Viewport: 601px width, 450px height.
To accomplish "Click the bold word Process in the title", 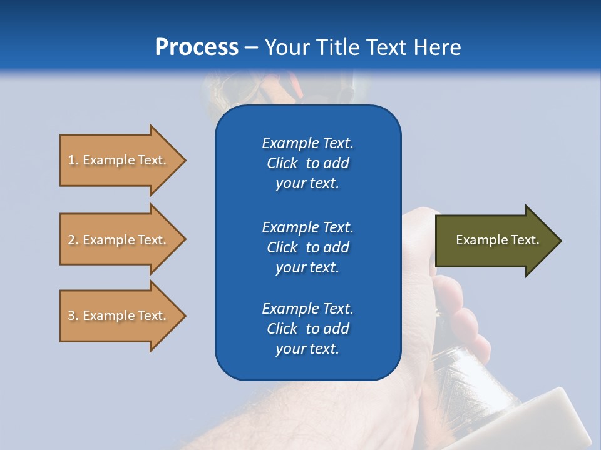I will coord(197,47).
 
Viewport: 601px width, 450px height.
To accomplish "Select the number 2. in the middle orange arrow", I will coord(73,240).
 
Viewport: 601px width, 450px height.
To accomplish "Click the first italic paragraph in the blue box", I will coord(307,163).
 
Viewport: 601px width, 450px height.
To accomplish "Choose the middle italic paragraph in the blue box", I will coord(307,247).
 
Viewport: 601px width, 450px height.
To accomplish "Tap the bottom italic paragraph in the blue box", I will coord(307,329).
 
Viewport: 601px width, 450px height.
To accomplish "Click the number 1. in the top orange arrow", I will coord(73,160).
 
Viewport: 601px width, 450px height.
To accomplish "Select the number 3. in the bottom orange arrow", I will coord(73,316).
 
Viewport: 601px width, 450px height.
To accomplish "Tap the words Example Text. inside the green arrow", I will coord(497,240).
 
